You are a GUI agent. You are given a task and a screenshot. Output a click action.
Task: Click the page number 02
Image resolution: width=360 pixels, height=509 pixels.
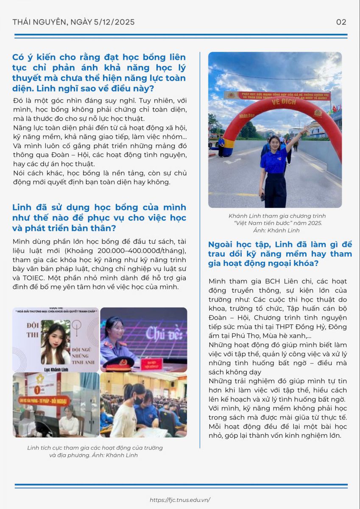pos(341,22)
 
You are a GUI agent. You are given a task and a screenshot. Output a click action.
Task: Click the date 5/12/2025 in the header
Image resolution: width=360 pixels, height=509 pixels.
pos(112,22)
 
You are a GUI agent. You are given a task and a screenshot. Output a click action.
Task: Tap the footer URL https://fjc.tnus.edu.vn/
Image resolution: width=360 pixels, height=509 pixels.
pos(180,500)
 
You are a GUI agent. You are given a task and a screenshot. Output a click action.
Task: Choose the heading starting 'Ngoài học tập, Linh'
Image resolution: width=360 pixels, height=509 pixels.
pos(280,254)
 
